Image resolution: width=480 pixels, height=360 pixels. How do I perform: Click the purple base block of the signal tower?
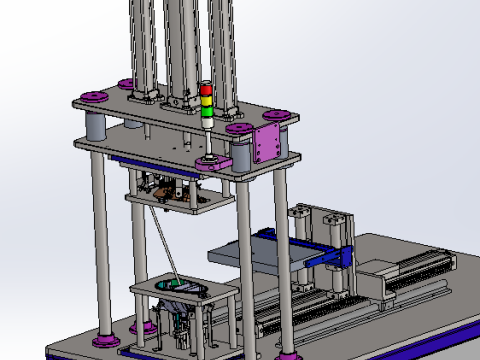click(211, 159)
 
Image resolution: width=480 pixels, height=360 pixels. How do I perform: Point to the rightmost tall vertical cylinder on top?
click(221, 45)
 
